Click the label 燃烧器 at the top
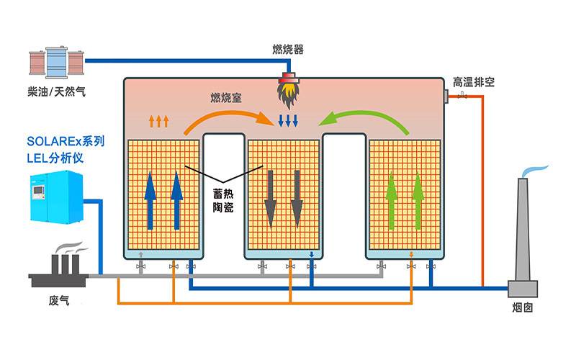(x=287, y=49)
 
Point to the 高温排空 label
(x=474, y=81)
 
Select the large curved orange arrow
(x=223, y=120)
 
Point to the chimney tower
(x=523, y=230)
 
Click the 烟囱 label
(x=523, y=308)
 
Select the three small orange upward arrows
(x=158, y=120)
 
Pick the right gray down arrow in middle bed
(x=296, y=198)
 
